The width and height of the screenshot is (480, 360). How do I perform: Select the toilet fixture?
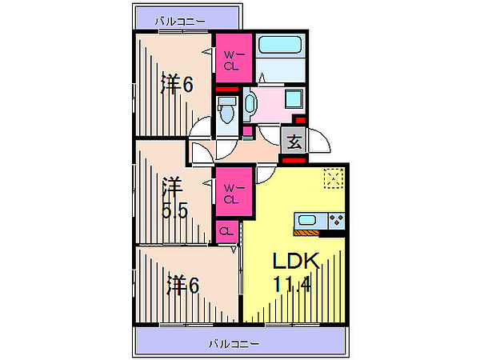(227, 110)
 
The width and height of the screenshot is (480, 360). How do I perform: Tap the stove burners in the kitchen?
(335, 219)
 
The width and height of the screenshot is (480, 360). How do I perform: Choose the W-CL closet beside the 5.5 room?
(232, 194)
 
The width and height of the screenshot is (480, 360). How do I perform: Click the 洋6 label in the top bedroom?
(176, 82)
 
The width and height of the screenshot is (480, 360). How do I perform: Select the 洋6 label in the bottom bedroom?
(183, 284)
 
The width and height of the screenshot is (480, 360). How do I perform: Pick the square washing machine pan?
(294, 102)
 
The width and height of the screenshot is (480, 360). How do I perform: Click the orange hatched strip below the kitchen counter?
(307, 233)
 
